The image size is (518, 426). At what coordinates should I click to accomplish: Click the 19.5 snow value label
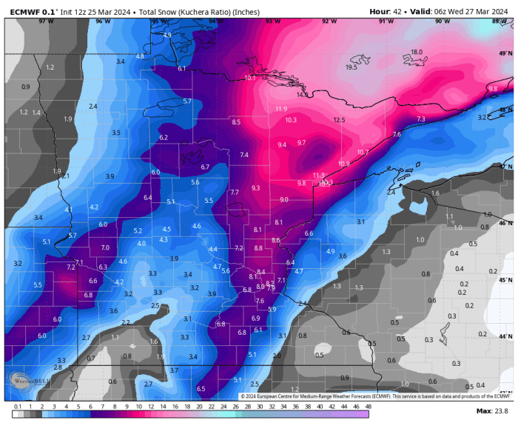point(351,67)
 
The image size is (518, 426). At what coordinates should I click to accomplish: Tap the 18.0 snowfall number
point(417,52)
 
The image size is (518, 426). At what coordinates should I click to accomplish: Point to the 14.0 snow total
point(303,95)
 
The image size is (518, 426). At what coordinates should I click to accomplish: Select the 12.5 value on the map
point(339,120)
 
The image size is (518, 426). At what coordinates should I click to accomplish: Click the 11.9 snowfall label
point(281,109)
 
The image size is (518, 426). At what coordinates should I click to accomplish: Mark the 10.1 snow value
point(250,78)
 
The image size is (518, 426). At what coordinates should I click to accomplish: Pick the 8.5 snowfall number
point(236,122)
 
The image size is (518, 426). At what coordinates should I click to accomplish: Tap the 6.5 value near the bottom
point(201,389)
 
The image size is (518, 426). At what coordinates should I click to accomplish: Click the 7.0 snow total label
point(105,247)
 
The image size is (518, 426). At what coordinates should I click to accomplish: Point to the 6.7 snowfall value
point(206,167)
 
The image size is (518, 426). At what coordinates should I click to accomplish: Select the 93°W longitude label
point(272,21)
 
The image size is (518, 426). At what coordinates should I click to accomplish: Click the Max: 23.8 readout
point(492,410)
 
